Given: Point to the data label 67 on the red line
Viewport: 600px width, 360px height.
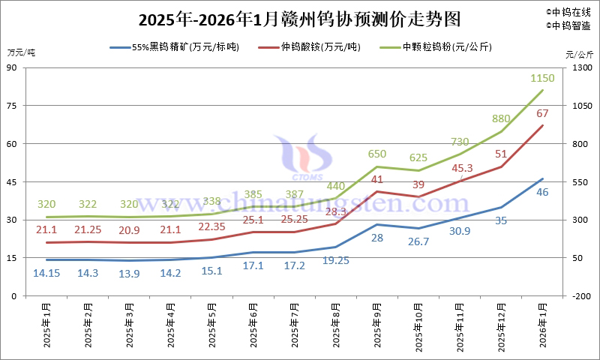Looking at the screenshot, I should (x=542, y=112).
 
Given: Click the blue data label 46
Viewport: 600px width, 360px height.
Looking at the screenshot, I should (x=542, y=192).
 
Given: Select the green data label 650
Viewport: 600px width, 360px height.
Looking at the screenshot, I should (x=377, y=154).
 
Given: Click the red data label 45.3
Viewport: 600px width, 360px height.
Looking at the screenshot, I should (x=462, y=168).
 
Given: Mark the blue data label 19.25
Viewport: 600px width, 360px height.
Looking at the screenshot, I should (x=334, y=259).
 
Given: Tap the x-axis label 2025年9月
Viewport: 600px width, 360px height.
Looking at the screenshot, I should (x=376, y=325).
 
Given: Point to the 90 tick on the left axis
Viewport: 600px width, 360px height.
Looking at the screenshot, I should (x=13, y=67).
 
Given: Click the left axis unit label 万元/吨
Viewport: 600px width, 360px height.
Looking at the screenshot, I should (x=21, y=52).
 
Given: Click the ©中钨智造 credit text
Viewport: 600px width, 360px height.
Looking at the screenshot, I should (x=568, y=25).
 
